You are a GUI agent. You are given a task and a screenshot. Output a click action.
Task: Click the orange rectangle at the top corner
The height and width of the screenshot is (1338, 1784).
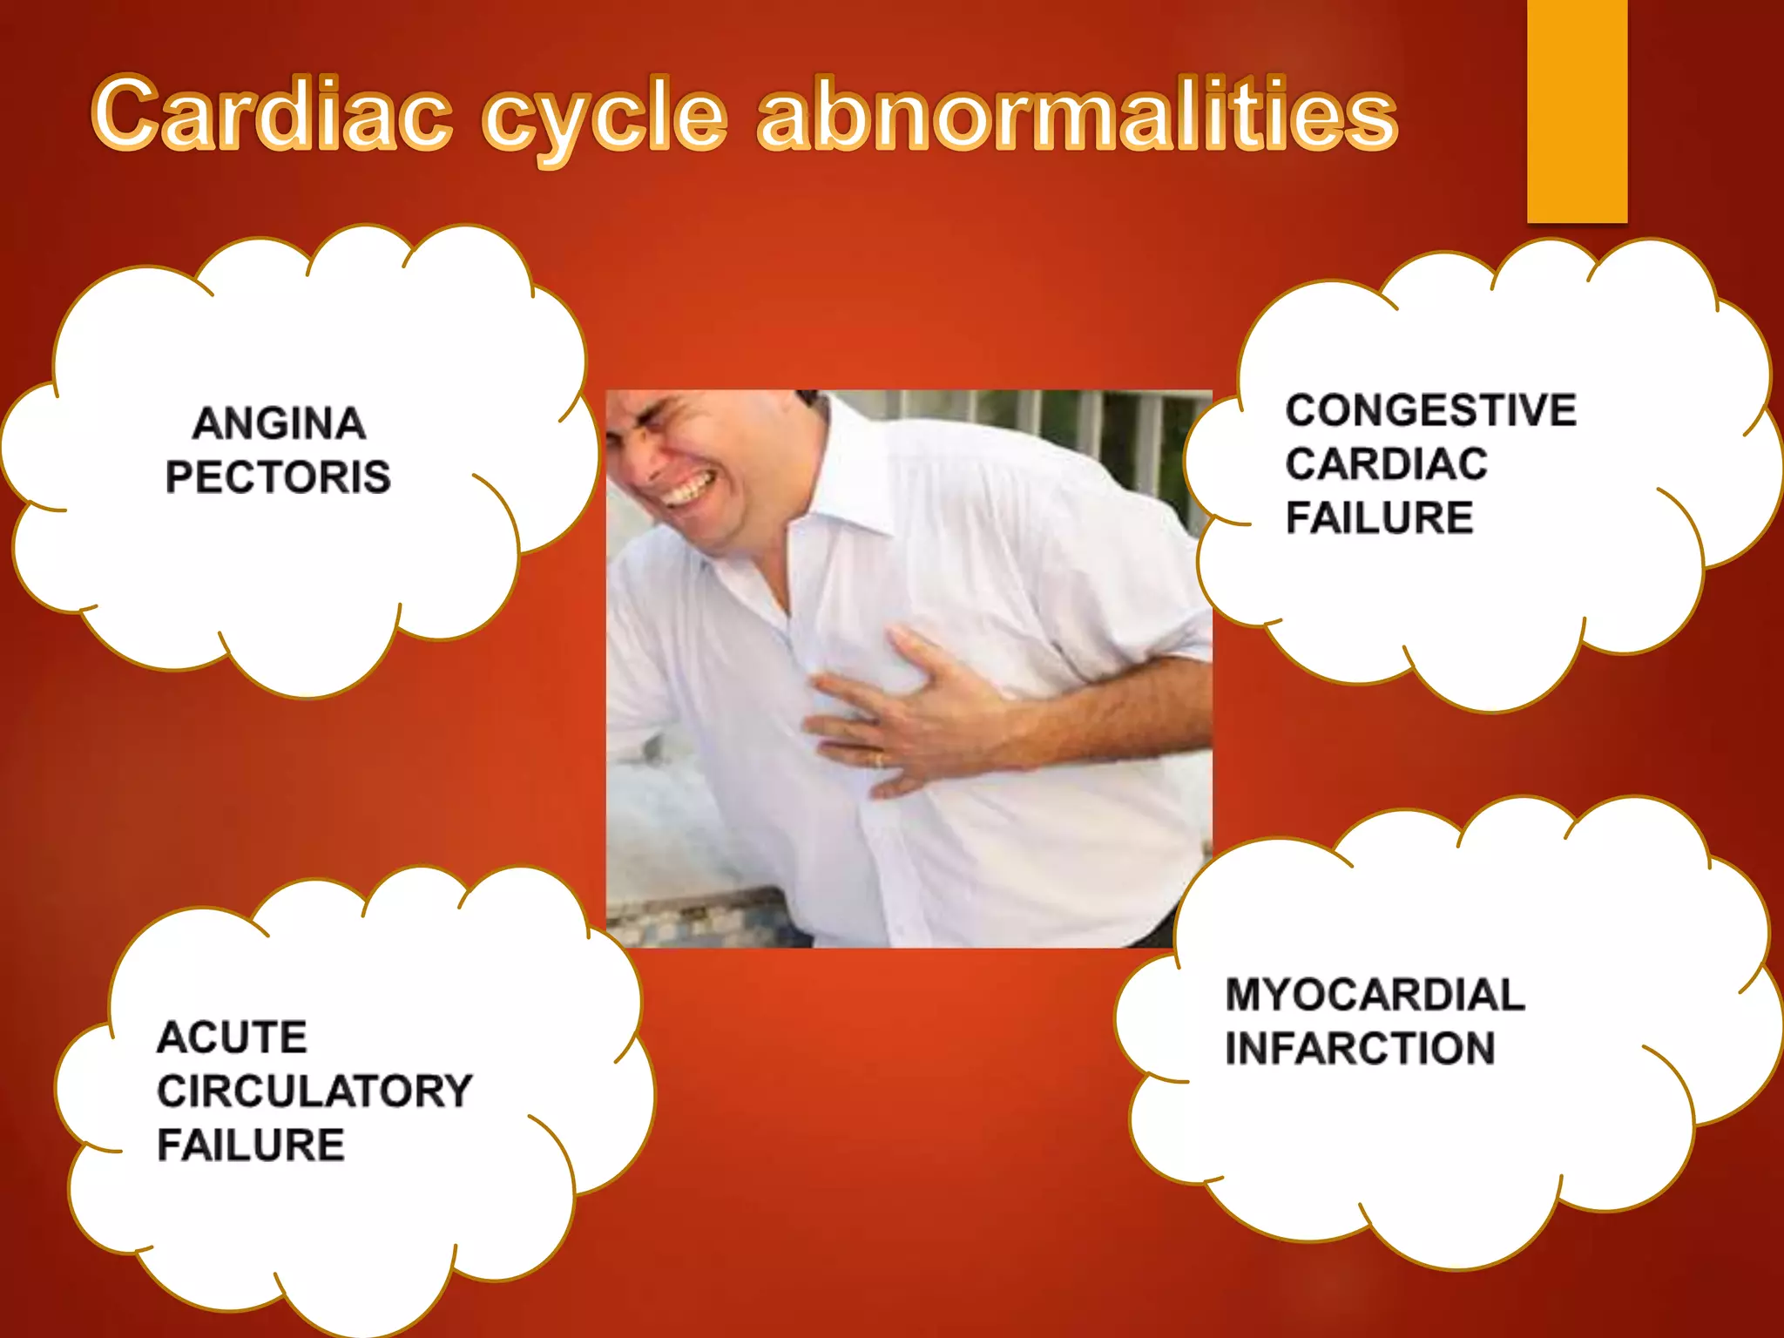[1577, 109]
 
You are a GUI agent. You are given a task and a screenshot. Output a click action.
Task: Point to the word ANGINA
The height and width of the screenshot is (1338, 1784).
[279, 424]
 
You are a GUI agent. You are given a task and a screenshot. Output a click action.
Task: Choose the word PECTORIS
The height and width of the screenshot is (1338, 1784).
[279, 477]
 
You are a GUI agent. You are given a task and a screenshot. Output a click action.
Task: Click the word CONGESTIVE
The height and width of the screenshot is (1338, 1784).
[1430, 410]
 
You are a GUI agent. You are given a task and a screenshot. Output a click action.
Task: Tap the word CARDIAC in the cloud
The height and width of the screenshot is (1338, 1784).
[1386, 463]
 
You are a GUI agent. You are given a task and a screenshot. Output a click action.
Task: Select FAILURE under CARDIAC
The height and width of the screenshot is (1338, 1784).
[1379, 517]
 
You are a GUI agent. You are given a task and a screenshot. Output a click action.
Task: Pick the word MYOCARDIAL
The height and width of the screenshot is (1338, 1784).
[1375, 995]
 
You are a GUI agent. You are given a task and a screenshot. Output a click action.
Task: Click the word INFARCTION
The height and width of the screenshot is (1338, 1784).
[1359, 1048]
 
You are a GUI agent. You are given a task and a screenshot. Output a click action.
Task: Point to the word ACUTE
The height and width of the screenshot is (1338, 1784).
[232, 1037]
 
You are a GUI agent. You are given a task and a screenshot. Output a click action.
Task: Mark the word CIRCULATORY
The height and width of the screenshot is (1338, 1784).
[314, 1091]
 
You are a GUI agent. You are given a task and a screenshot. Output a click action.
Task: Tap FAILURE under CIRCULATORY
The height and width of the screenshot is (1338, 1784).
[251, 1145]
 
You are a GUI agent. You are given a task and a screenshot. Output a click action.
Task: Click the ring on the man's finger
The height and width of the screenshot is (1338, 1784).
[878, 760]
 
